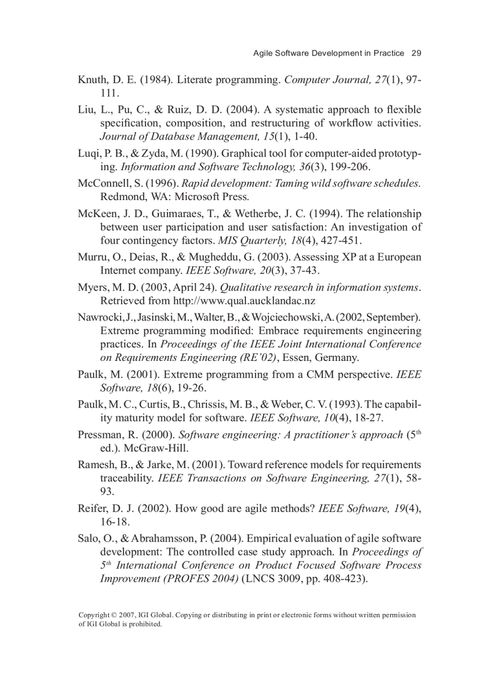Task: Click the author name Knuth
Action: (x=92, y=80)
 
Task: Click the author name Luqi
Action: (x=89, y=154)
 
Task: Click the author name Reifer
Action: (x=94, y=509)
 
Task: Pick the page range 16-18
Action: (x=117, y=522)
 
